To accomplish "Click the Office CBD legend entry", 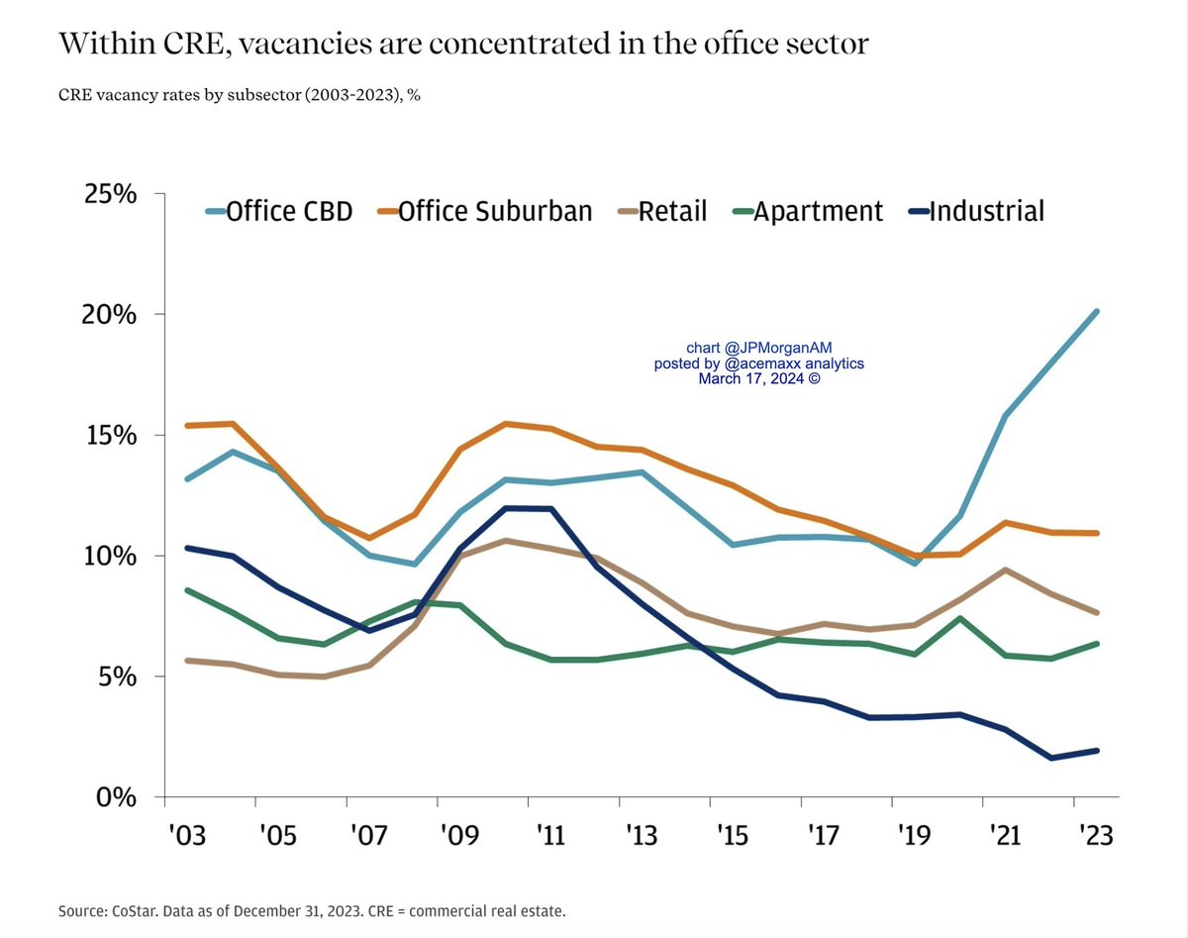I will point(278,211).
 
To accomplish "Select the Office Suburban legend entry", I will point(485,211).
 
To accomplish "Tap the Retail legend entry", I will point(660,211).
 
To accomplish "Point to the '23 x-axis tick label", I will point(1094,835).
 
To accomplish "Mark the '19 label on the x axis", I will point(912,835).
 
